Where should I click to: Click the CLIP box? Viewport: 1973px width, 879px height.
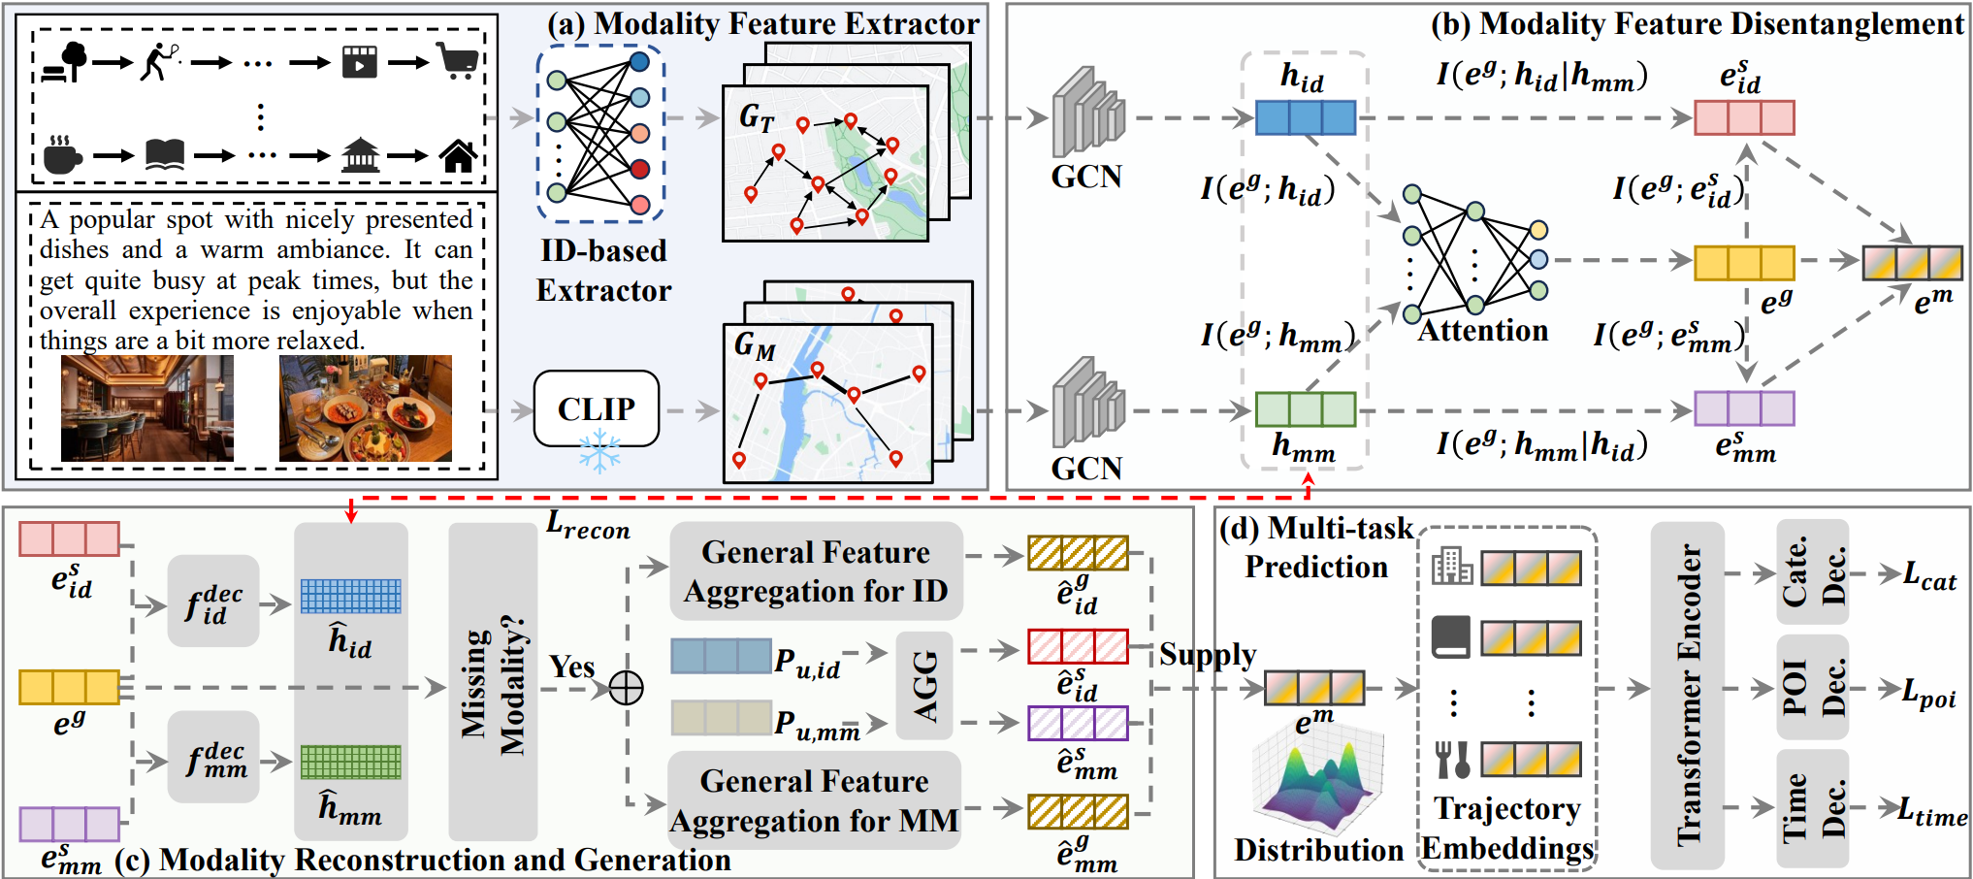click(x=597, y=408)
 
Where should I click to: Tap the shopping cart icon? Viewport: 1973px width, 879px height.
click(x=458, y=61)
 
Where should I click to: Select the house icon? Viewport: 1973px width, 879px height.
click(x=458, y=155)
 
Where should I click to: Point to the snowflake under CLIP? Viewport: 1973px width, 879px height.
click(x=599, y=452)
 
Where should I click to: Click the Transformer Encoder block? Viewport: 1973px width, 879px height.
click(x=1688, y=695)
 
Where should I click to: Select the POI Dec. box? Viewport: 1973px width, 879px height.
click(x=1812, y=687)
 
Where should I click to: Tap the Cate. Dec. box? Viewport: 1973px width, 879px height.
click(x=1812, y=571)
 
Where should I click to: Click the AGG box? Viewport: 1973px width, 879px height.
click(x=924, y=686)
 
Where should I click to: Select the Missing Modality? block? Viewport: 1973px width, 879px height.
click(x=493, y=682)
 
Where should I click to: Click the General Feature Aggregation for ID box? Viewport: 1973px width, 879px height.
click(x=816, y=571)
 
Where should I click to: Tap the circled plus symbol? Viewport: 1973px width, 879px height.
click(x=626, y=688)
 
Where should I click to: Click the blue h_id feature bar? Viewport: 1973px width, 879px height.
click(x=1306, y=117)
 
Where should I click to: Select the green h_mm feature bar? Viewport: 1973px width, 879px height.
click(x=1306, y=409)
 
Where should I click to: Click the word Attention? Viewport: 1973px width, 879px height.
click(x=1483, y=331)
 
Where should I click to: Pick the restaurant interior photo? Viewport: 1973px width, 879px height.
click(x=147, y=407)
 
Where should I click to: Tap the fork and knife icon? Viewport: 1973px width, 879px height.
click(x=1452, y=760)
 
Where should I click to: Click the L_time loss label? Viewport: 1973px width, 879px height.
click(x=1933, y=811)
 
